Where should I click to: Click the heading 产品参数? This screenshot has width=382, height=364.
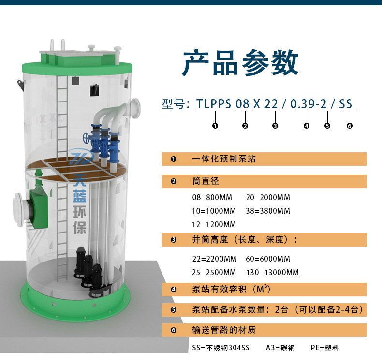(240, 62)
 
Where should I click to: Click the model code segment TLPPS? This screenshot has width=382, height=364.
(214, 104)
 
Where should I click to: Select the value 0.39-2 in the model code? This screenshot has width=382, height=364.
(308, 104)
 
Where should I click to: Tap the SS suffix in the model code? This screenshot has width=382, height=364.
(345, 104)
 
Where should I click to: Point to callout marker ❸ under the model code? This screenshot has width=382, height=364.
(275, 126)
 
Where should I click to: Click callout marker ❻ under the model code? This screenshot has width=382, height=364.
(349, 126)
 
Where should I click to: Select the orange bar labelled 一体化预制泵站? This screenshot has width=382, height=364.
(264, 159)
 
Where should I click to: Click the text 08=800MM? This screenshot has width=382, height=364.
(212, 197)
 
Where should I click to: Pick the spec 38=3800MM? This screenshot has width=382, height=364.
(268, 211)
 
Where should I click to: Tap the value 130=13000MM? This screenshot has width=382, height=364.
(272, 272)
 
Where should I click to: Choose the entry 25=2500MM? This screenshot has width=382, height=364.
(214, 272)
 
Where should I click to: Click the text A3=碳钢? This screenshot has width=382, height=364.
(280, 348)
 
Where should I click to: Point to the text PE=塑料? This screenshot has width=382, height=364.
(325, 348)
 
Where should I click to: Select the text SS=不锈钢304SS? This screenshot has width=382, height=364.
(220, 348)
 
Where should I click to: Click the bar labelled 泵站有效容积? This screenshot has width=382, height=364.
(264, 290)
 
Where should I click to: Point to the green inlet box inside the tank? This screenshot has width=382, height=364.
(39, 209)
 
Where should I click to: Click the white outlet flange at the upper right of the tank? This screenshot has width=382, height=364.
(135, 108)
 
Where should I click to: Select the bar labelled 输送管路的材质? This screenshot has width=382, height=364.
(264, 330)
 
